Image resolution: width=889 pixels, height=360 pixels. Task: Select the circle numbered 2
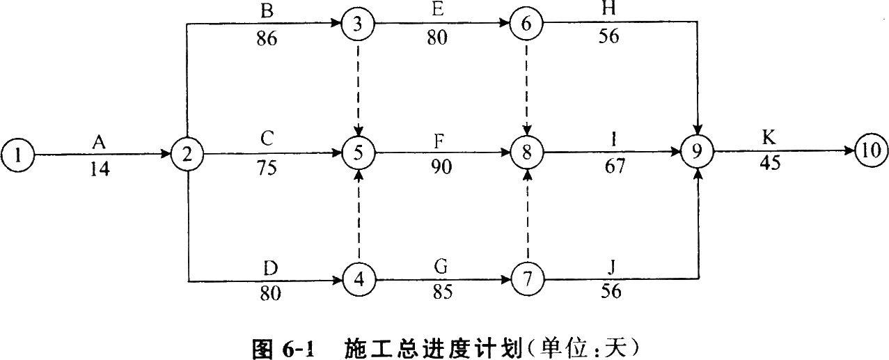click(x=187, y=153)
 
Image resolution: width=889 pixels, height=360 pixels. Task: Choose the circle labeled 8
click(x=527, y=153)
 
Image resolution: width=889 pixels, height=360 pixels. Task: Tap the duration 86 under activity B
click(x=266, y=38)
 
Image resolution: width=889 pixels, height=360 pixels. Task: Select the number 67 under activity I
click(x=611, y=167)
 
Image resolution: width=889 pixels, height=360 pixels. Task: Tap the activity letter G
click(x=439, y=267)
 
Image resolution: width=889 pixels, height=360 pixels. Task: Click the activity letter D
click(x=270, y=267)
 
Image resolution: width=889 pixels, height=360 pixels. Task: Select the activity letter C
click(x=267, y=139)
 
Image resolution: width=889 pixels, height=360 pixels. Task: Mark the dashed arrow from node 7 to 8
click(x=527, y=217)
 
